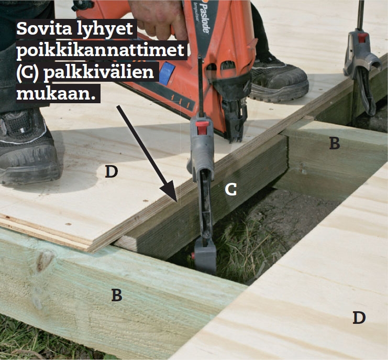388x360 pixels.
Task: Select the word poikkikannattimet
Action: tap(100, 50)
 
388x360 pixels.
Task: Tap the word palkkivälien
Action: tap(99, 72)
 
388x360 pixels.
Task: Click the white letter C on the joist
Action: tap(230, 190)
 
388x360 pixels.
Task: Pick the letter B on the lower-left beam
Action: tap(117, 295)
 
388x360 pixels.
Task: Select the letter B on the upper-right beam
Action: tap(334, 143)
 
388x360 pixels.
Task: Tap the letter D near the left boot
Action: tap(111, 171)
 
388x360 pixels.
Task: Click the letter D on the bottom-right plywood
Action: tap(359, 318)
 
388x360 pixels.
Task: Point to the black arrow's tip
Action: tap(176, 201)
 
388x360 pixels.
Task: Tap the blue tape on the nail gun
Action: tap(167, 73)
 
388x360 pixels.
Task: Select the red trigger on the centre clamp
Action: tap(201, 128)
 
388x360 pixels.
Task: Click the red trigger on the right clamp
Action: tap(362, 37)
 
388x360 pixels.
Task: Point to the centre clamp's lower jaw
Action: tap(205, 257)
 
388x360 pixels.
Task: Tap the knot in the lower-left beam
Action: tap(45, 261)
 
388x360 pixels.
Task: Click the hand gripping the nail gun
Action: tap(158, 17)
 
